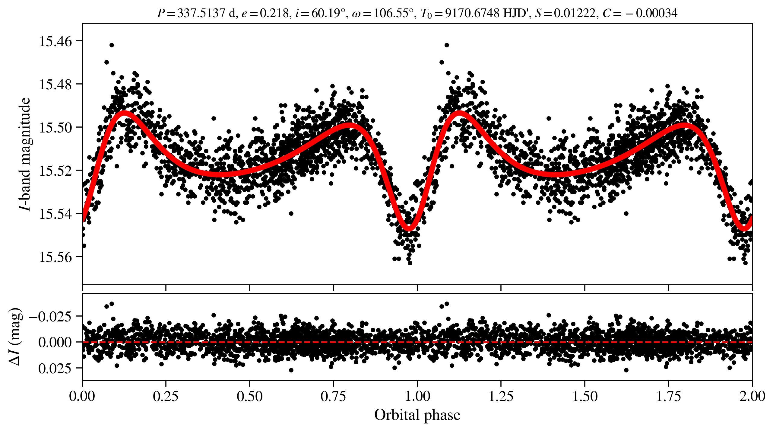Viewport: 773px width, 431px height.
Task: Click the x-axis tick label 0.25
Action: [x=166, y=396]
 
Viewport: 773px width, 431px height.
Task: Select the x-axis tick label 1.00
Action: [x=417, y=396]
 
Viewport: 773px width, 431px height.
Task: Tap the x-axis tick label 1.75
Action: [x=669, y=396]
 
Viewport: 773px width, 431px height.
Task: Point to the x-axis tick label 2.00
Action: [x=752, y=396]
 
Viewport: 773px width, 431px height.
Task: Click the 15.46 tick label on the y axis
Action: [x=56, y=41]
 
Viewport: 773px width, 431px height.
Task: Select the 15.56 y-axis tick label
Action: [x=56, y=257]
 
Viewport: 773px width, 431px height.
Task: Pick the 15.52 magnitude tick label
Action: [x=56, y=171]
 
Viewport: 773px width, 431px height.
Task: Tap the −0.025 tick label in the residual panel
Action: [x=51, y=317]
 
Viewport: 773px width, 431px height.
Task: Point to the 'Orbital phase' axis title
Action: [x=417, y=415]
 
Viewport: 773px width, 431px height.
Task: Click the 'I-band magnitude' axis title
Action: [x=25, y=154]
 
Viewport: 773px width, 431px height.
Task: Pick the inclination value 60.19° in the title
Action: [x=328, y=13]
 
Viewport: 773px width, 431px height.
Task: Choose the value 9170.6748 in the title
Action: [x=473, y=13]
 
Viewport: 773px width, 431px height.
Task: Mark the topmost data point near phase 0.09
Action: [x=112, y=45]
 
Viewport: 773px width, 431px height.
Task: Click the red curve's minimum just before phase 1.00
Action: [x=409, y=228]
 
